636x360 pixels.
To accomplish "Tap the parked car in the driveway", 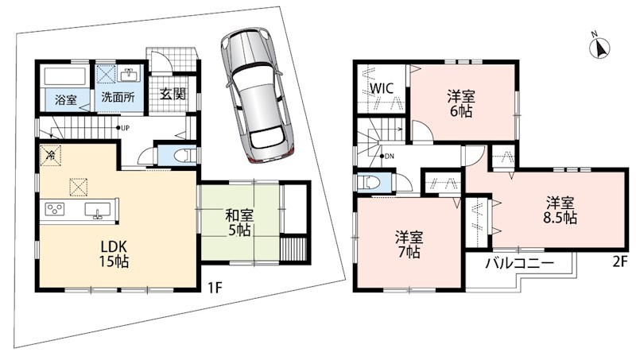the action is click(x=258, y=95).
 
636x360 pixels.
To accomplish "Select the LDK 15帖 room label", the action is click(x=114, y=254).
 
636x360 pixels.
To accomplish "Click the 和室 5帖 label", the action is click(x=239, y=223).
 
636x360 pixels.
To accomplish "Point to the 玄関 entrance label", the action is click(x=173, y=94).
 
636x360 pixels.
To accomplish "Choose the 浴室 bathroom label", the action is click(x=66, y=99).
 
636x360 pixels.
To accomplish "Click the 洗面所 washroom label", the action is click(x=118, y=97).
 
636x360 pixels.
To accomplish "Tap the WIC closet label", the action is click(x=382, y=88).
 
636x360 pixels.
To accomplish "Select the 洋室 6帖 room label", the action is click(x=462, y=103).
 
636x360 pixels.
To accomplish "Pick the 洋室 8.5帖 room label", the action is click(x=560, y=210).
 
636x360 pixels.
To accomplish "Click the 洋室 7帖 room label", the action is click(x=409, y=244).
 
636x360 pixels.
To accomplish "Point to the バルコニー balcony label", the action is click(x=520, y=264).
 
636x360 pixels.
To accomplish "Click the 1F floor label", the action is click(x=215, y=288).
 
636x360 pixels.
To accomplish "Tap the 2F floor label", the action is click(x=620, y=262).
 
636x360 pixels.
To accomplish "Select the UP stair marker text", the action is click(x=125, y=128).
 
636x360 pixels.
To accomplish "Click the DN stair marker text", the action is click(x=390, y=156).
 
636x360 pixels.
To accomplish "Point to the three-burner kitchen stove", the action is click(x=55, y=210).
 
